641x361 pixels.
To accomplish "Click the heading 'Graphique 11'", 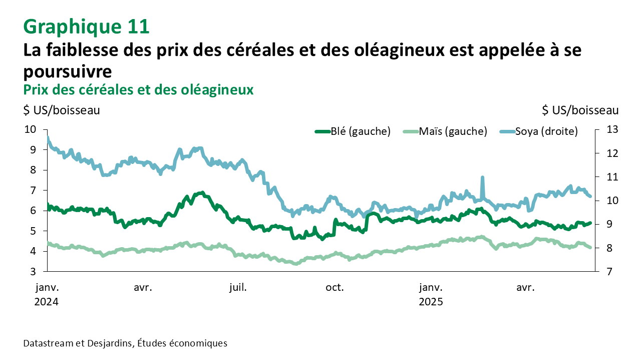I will (86, 27).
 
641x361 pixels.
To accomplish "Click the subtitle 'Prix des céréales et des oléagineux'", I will (138, 89).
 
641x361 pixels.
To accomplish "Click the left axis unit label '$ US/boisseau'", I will (62, 110).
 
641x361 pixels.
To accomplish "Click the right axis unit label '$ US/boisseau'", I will (580, 110).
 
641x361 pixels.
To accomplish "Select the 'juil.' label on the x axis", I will (237, 288).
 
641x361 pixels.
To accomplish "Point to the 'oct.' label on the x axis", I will (335, 288).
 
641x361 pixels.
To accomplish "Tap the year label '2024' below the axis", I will (47, 302).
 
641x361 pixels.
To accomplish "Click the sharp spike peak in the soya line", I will (482, 177).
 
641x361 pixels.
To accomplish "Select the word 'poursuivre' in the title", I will (67, 71).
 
